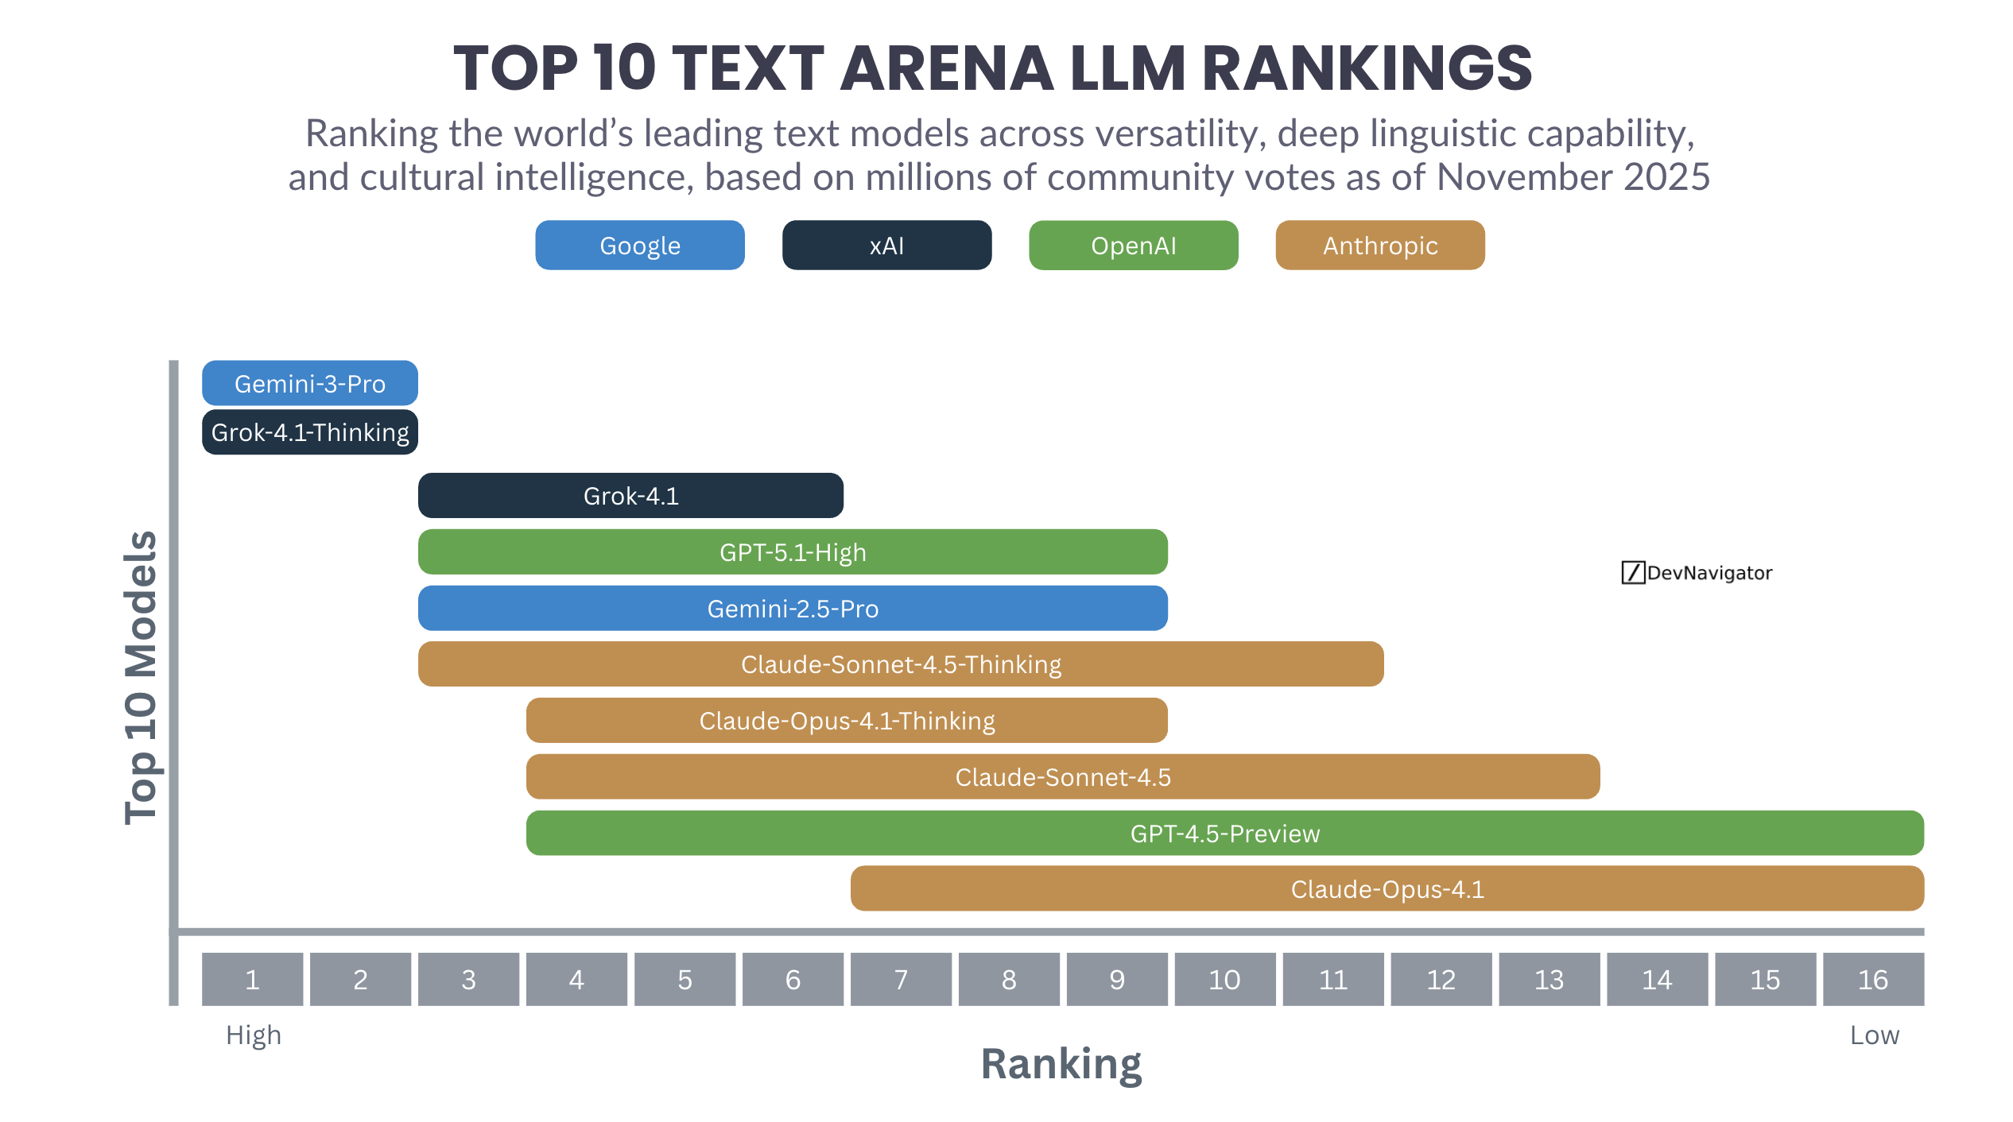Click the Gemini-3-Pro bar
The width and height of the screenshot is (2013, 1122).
point(309,383)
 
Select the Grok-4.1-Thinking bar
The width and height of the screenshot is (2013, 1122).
point(309,431)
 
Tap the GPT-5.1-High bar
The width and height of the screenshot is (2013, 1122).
point(792,551)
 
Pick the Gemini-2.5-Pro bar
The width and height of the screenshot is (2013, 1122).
point(792,608)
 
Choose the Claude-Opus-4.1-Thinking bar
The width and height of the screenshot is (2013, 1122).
point(846,720)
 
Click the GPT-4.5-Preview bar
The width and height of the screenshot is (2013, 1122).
point(1224,833)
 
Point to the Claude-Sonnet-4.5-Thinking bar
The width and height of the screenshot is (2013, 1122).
point(900,664)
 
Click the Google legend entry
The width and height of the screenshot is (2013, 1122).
point(639,245)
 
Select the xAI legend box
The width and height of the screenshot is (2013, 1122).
point(886,245)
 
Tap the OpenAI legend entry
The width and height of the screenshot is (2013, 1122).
point(1133,245)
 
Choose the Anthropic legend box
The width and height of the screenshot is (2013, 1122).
point(1379,245)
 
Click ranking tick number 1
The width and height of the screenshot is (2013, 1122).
point(252,979)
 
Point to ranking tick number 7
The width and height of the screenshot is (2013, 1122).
point(900,979)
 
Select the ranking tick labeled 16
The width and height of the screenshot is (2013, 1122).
point(1872,979)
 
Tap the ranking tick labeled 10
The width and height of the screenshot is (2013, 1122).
point(1224,979)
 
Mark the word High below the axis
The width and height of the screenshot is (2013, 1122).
point(253,1035)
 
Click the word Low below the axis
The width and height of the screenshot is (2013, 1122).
point(1874,1035)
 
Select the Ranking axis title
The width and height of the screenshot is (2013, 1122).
point(1061,1063)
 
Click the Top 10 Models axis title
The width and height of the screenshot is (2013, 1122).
point(141,677)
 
